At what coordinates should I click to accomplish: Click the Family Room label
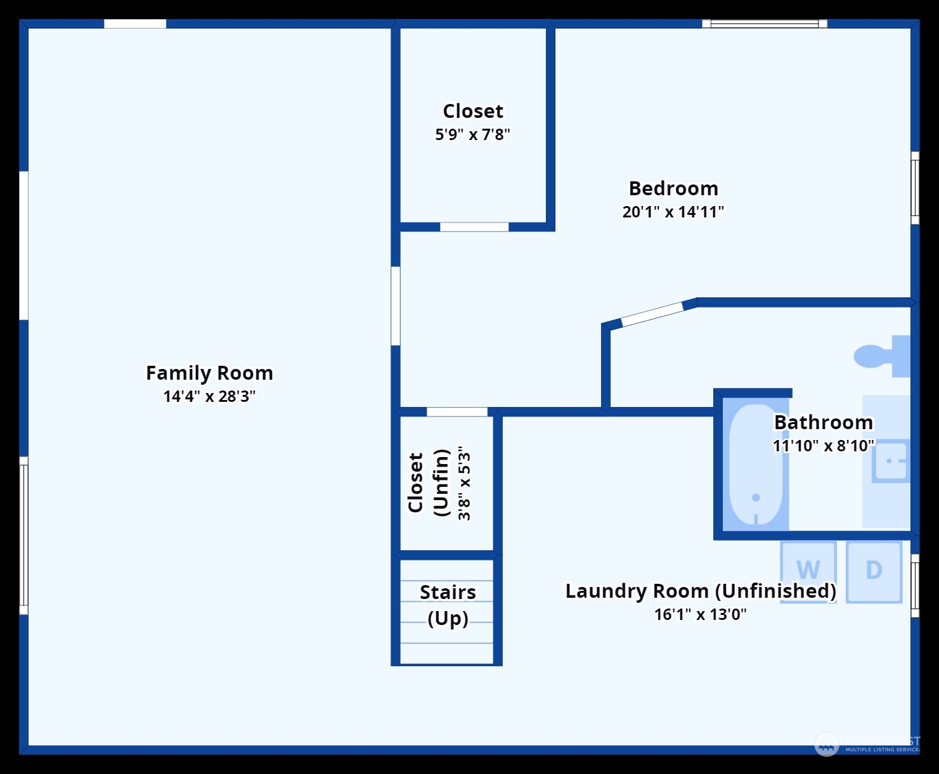click(209, 373)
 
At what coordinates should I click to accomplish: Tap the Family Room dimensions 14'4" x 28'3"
click(209, 397)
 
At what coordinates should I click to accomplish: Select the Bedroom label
click(673, 188)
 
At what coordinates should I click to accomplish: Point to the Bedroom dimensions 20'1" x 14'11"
click(673, 212)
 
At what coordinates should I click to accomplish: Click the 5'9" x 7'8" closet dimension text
click(472, 134)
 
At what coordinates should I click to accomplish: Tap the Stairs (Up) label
click(448, 605)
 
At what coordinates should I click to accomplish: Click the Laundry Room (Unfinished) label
click(701, 591)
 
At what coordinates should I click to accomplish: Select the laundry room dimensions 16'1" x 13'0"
click(701, 614)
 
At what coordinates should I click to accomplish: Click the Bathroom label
click(824, 422)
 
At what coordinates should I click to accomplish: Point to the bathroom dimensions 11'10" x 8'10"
click(824, 446)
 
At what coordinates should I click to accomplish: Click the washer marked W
click(808, 570)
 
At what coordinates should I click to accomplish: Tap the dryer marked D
click(874, 570)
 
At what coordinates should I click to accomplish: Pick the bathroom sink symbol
click(891, 461)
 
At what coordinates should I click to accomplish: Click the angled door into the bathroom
click(652, 314)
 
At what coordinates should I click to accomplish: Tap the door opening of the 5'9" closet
click(474, 227)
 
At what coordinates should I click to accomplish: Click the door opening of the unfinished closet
click(457, 412)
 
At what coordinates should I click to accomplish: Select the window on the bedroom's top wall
click(765, 24)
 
